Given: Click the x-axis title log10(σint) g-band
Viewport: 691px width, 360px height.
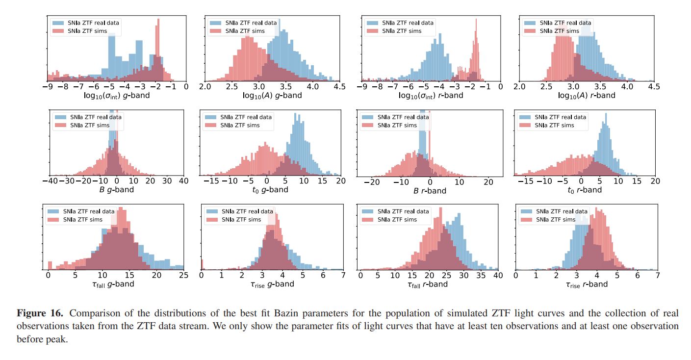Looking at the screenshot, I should [116, 96].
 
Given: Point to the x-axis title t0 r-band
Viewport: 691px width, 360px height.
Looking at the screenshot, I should [584, 189].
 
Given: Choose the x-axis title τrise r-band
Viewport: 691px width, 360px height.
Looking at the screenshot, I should [587, 284].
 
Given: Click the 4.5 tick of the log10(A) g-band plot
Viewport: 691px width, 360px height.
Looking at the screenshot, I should [339, 87].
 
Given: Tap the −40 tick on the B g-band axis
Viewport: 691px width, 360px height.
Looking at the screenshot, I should [50, 181].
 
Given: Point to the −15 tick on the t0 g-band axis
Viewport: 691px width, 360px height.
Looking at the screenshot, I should [211, 181].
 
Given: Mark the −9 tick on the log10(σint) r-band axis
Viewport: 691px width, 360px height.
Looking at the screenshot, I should [362, 87].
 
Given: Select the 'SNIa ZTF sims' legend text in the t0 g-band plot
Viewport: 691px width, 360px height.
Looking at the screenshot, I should [240, 125].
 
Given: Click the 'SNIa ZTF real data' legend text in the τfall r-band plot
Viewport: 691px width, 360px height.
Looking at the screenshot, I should [403, 211].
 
